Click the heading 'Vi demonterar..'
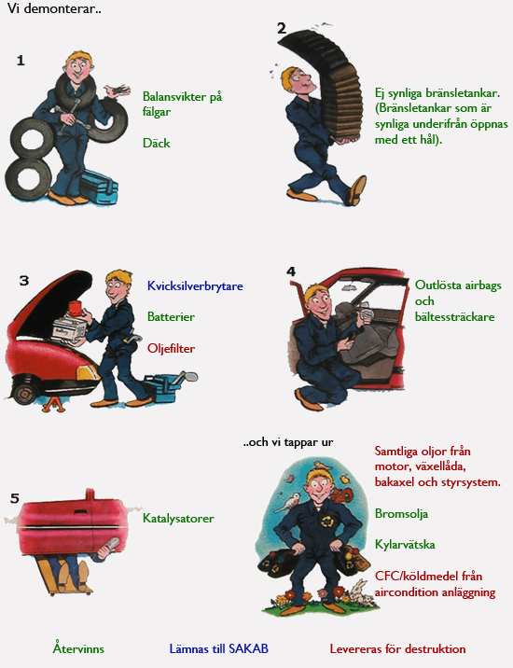click(x=54, y=8)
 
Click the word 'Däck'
click(x=157, y=143)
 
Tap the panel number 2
click(x=282, y=28)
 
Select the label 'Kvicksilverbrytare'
click(x=195, y=285)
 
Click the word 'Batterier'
click(x=171, y=316)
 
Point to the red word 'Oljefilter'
click(x=171, y=349)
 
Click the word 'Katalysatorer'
click(x=178, y=519)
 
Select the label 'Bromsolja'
click(x=401, y=514)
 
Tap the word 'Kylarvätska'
click(x=405, y=545)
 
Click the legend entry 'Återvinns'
click(x=78, y=648)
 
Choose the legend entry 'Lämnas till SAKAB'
click(x=219, y=648)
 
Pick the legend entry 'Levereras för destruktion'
click(x=397, y=648)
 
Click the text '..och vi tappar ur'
click(x=288, y=442)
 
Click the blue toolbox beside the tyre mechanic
click(x=99, y=188)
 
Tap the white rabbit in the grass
click(x=361, y=592)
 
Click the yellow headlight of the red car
click(x=87, y=373)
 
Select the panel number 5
click(x=15, y=498)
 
